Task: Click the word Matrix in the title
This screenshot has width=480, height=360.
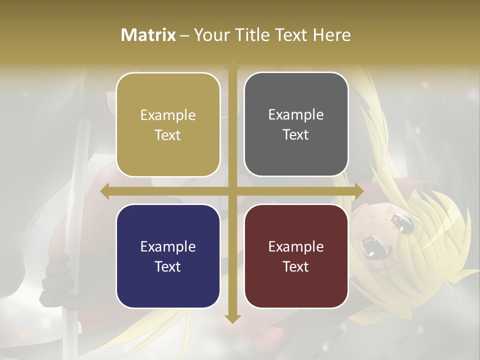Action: point(148,35)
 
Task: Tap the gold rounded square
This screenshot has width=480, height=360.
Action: point(168,125)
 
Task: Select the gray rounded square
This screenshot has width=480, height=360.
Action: point(296,124)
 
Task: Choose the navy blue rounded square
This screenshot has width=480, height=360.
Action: point(168,256)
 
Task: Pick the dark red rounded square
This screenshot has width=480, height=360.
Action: point(296,256)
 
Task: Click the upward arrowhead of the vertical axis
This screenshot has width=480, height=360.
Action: point(232,65)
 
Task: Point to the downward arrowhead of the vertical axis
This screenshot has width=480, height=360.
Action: point(232,319)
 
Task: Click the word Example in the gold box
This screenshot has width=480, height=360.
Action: point(168,115)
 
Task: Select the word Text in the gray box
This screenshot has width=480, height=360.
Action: point(296,135)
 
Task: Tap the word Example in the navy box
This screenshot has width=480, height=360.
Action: point(168,247)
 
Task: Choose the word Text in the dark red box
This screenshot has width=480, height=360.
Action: point(296,266)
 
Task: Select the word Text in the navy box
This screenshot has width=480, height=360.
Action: point(168,266)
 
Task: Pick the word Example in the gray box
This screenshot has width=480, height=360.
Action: point(296,115)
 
